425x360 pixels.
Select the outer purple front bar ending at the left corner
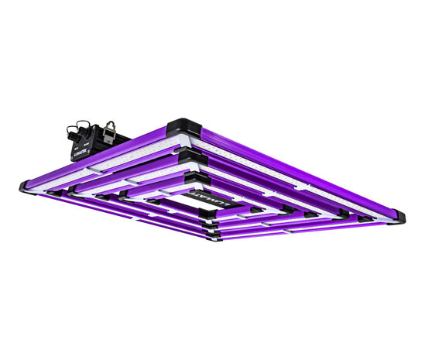[116, 211]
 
